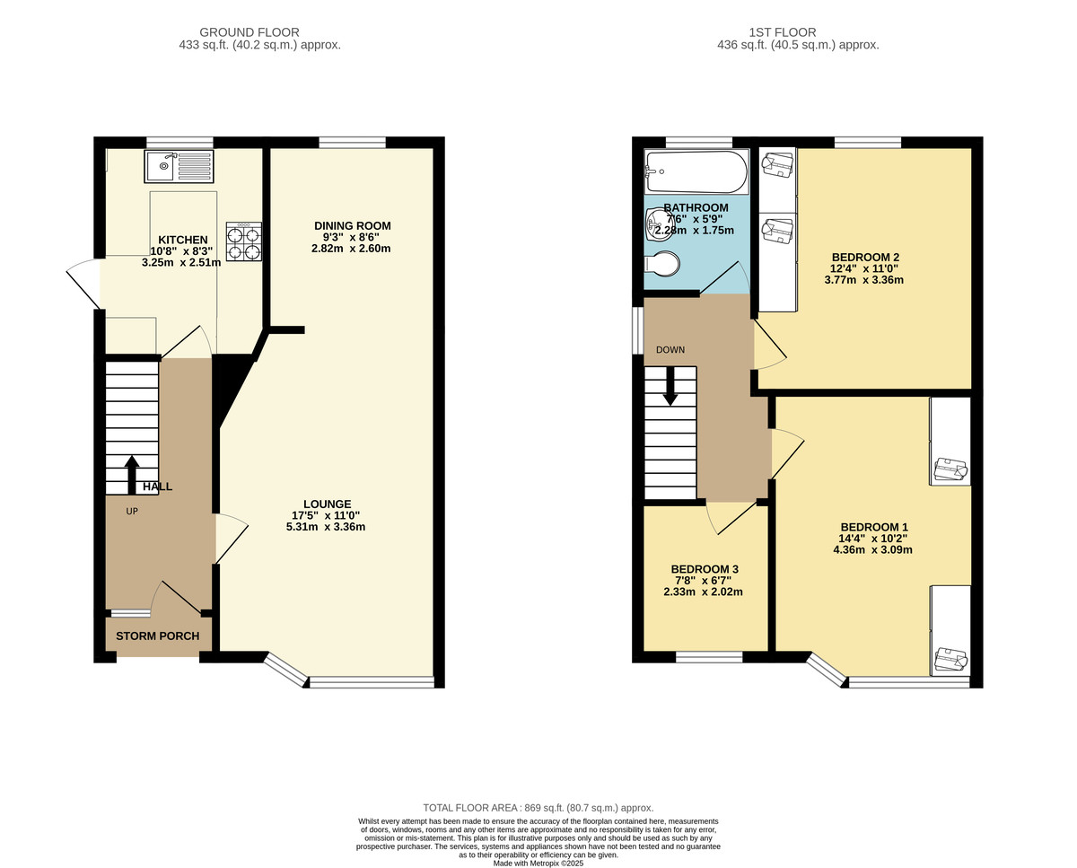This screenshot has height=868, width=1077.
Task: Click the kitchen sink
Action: (x=179, y=166)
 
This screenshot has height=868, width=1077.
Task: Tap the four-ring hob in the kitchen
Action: (x=244, y=241)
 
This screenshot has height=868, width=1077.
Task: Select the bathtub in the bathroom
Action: (x=696, y=171)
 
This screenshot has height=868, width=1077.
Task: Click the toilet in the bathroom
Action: (x=662, y=264)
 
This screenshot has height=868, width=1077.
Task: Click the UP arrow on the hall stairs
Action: (x=132, y=475)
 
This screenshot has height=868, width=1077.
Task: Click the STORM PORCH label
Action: (x=158, y=636)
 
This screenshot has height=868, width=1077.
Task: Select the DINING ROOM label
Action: (x=353, y=226)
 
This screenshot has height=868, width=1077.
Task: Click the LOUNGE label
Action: (x=328, y=504)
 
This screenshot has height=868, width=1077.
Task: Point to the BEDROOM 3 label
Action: (x=705, y=569)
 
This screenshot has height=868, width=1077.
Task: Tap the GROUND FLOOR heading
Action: (x=250, y=32)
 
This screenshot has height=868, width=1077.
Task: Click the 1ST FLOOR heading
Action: (x=783, y=32)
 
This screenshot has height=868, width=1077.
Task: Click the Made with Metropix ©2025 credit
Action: (x=538, y=864)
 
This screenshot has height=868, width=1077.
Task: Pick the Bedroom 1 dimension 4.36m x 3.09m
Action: (x=872, y=549)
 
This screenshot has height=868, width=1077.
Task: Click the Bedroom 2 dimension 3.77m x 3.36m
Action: (x=863, y=280)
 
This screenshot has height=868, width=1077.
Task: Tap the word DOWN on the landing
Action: (x=670, y=350)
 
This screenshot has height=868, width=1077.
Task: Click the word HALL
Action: (x=157, y=487)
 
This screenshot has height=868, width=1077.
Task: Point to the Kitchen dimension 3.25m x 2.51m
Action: (x=181, y=262)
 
